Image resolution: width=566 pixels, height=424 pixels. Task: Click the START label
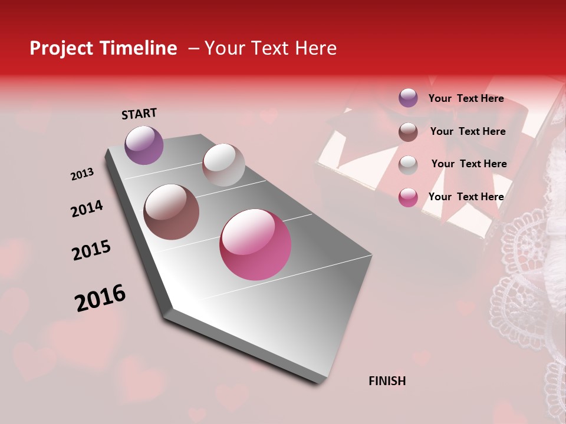(139, 114)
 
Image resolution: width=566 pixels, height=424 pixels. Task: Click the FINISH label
(387, 381)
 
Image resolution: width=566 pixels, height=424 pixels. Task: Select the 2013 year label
(82, 174)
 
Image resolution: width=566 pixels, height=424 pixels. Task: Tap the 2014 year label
(87, 208)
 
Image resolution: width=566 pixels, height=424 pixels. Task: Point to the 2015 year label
(91, 250)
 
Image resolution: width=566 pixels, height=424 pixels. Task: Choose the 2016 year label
(100, 298)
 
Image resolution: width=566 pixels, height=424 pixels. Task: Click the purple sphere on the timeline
(144, 145)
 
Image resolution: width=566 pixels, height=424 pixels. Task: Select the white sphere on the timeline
(223, 164)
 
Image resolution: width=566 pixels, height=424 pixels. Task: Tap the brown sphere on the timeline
(171, 212)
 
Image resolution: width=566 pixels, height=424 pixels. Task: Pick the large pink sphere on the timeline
(255, 244)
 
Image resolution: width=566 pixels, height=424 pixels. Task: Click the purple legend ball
(408, 98)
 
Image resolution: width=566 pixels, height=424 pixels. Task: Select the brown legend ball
(408, 131)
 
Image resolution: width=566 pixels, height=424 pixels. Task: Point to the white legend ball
(408, 164)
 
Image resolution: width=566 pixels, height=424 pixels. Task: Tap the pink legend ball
(408, 197)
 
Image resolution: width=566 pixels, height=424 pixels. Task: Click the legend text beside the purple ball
(466, 98)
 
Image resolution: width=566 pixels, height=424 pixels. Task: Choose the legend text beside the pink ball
(466, 197)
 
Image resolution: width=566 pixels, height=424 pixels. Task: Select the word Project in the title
(60, 49)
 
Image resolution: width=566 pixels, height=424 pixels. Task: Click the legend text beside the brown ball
(468, 131)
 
